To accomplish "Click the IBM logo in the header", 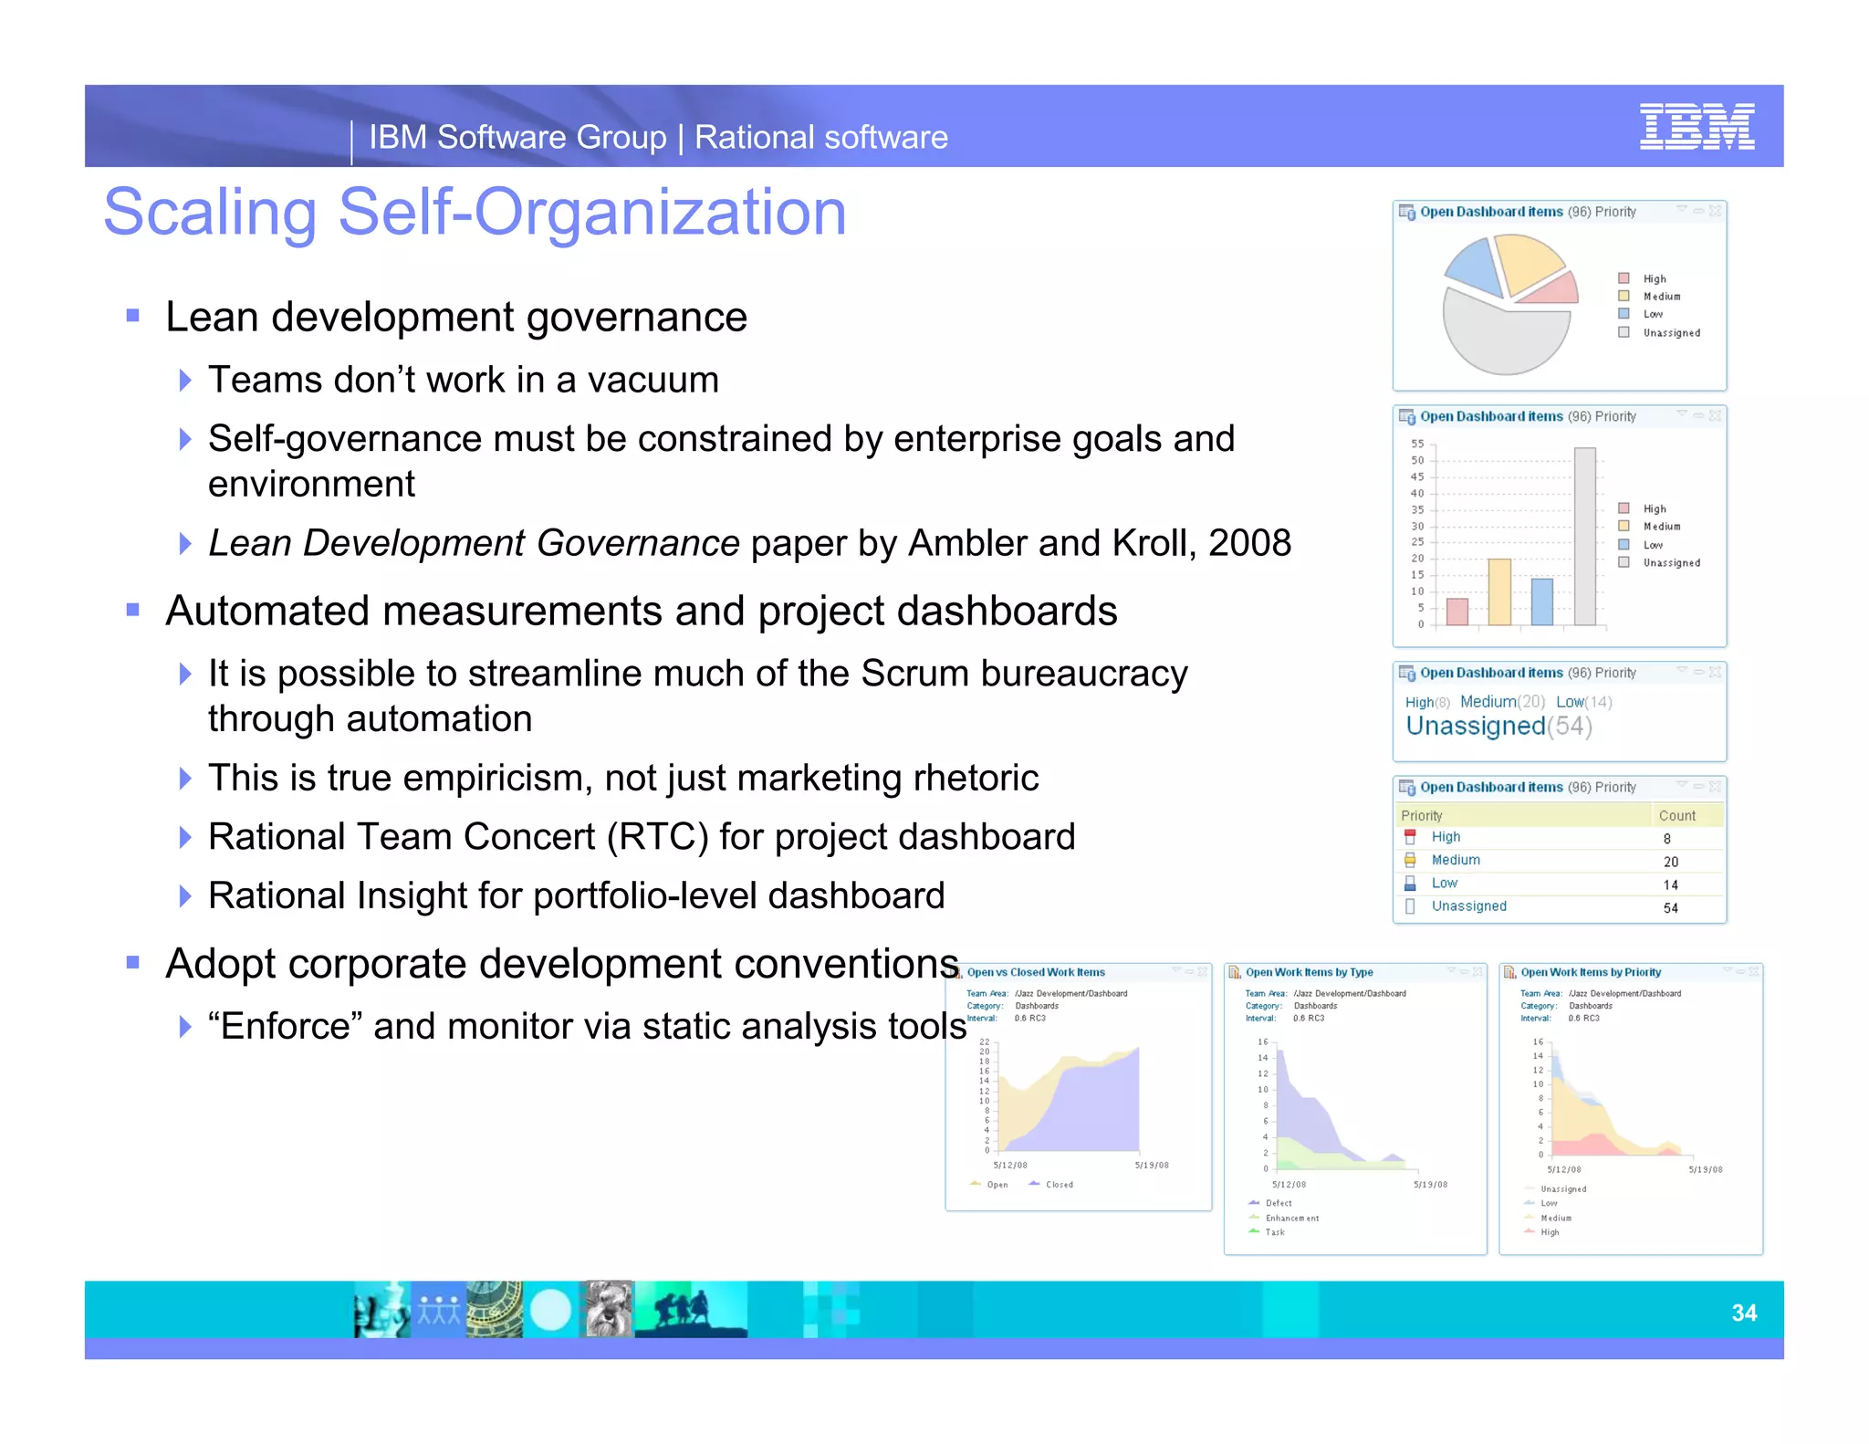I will pyautogui.click(x=1696, y=126).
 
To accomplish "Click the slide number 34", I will pyautogui.click(x=1743, y=1313).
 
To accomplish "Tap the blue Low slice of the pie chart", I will pyautogui.click(x=1474, y=265).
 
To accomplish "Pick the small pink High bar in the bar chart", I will pyautogui.click(x=1457, y=612).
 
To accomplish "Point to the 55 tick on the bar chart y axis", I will pyautogui.click(x=1416, y=444).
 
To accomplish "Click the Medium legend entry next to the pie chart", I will pyautogui.click(x=1661, y=297).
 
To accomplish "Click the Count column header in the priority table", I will pyautogui.click(x=1676, y=815).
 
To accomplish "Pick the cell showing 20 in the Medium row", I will pyautogui.click(x=1670, y=862).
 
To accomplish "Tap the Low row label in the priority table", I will pyautogui.click(x=1444, y=884).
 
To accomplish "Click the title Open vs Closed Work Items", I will pyautogui.click(x=1035, y=972).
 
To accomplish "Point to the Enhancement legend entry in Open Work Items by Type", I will pyautogui.click(x=1291, y=1218).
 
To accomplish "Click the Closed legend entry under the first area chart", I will pyautogui.click(x=1059, y=1185).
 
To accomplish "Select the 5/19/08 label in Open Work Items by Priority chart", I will pyautogui.click(x=1705, y=1169).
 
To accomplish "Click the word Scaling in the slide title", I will pyautogui.click(x=210, y=213).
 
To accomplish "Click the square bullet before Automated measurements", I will pyautogui.click(x=133, y=610).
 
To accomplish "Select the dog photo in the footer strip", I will pyautogui.click(x=607, y=1309).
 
